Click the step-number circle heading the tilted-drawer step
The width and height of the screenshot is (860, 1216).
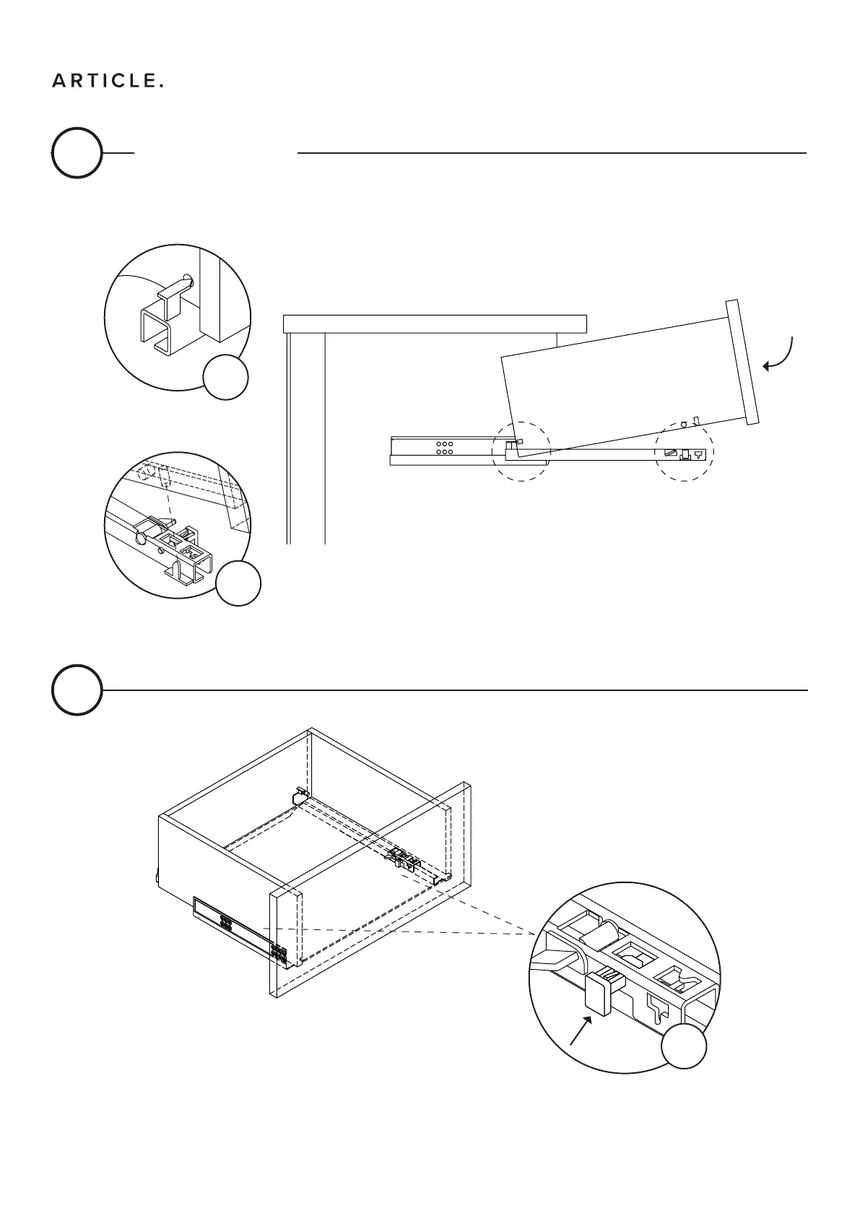[x=76, y=153]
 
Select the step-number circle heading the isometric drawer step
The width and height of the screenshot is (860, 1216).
[x=76, y=690]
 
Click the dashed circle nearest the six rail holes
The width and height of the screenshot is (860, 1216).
[x=521, y=451]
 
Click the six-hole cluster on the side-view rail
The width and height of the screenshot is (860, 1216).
[x=444, y=448]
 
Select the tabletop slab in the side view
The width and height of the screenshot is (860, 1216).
[x=435, y=323]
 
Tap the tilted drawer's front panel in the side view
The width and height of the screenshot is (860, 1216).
[x=744, y=362]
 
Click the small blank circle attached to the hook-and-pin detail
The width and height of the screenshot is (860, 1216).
[x=225, y=377]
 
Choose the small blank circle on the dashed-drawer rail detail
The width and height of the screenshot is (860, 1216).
[x=238, y=583]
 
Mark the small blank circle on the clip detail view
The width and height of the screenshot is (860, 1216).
[x=685, y=1046]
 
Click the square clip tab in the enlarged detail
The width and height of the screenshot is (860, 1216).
[x=599, y=994]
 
